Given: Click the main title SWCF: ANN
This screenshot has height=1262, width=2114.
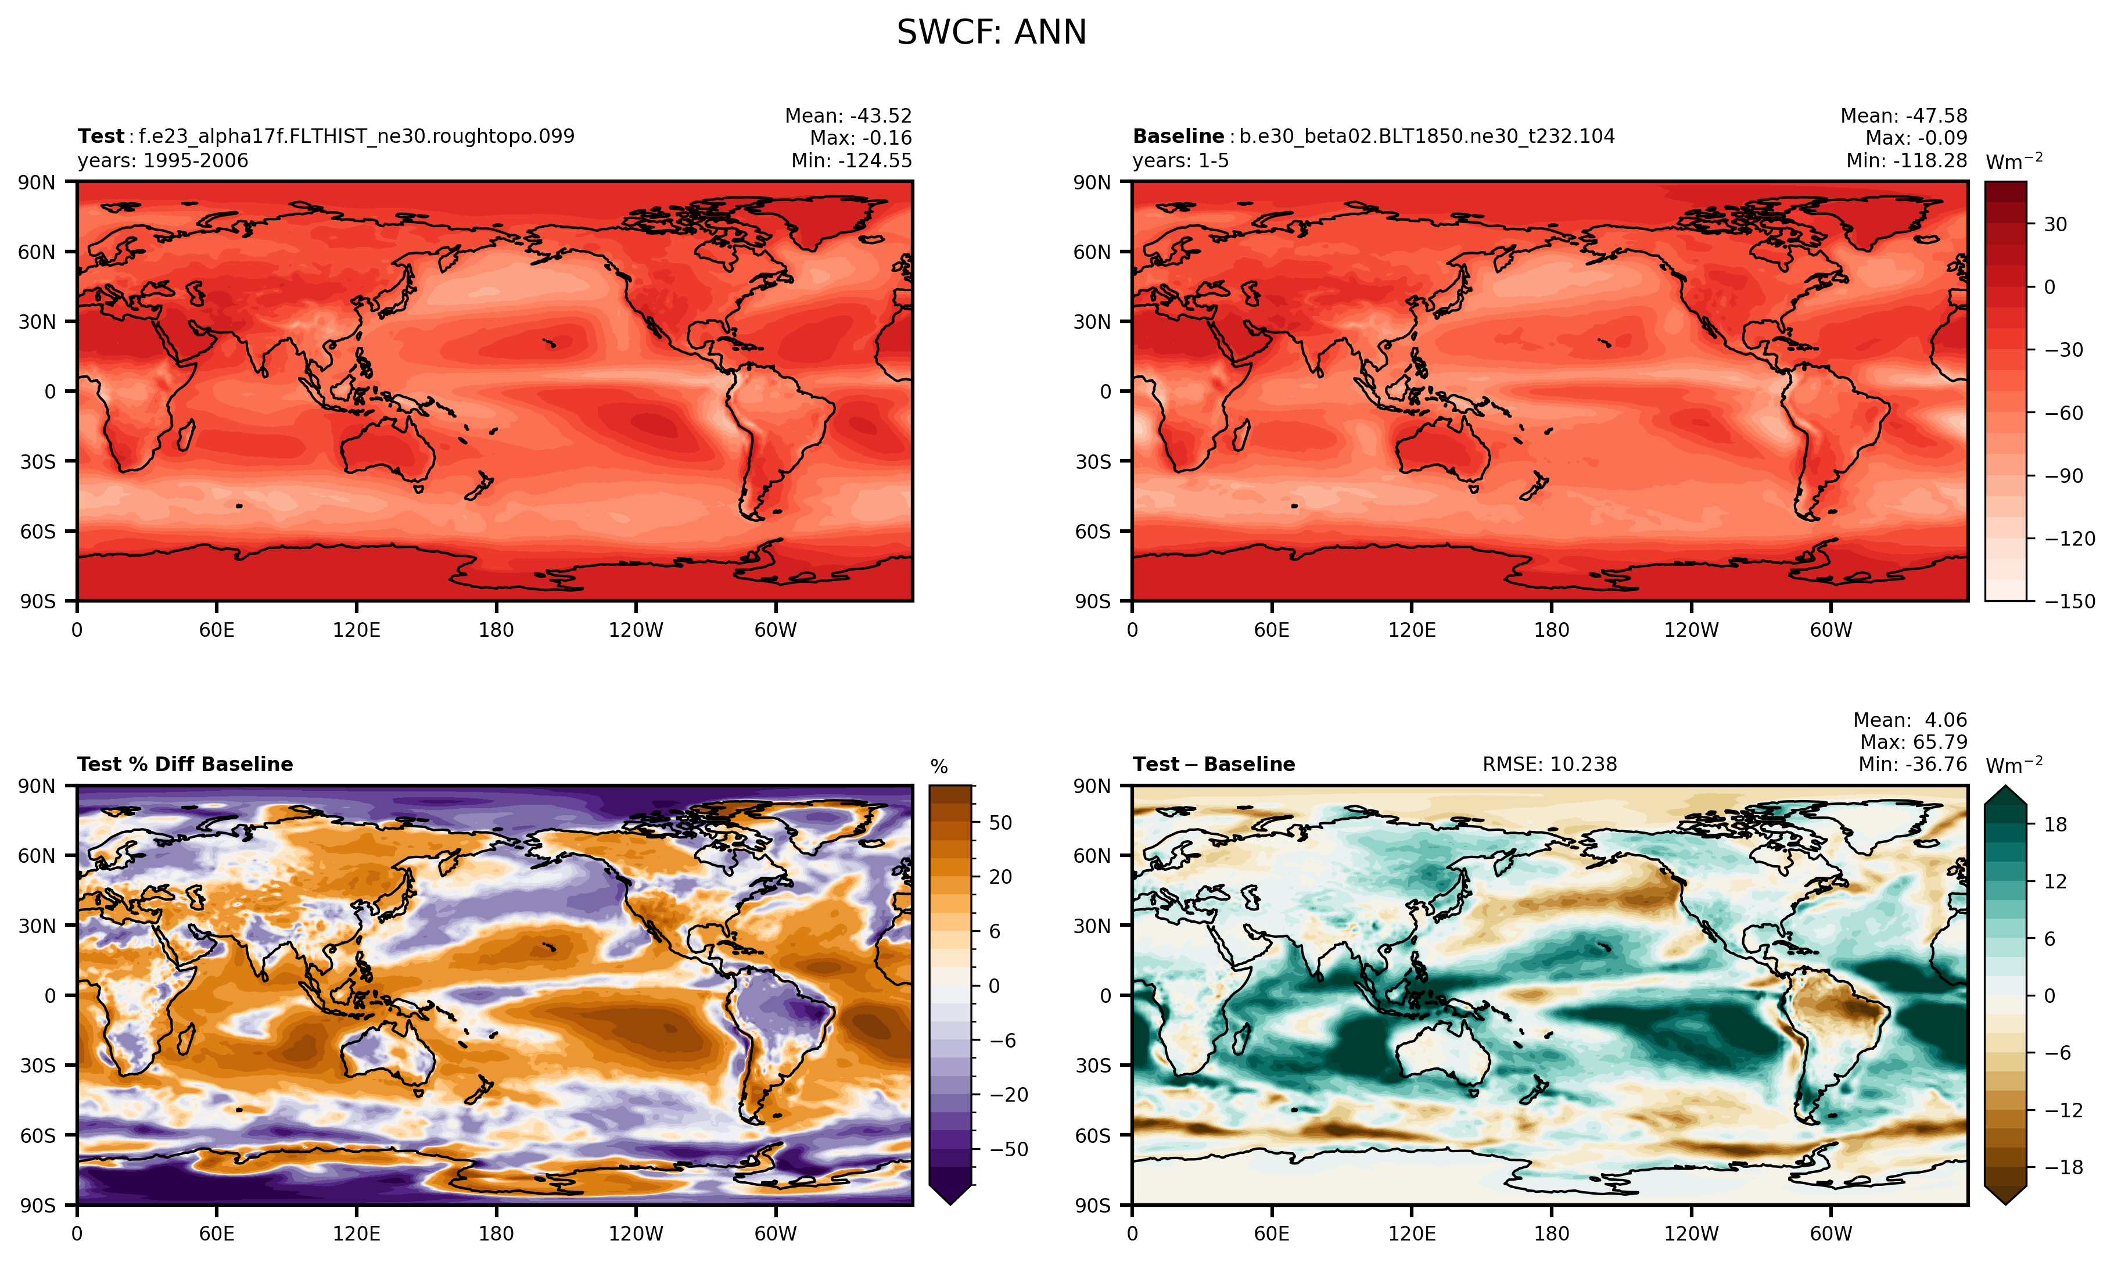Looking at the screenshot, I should [x=991, y=33].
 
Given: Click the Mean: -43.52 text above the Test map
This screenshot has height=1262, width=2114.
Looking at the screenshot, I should [x=848, y=116].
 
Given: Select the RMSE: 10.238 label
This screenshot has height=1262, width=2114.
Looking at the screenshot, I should [x=1549, y=765].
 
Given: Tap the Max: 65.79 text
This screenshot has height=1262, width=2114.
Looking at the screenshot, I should [x=1912, y=743].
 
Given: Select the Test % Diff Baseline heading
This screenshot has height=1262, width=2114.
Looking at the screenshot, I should [x=185, y=765].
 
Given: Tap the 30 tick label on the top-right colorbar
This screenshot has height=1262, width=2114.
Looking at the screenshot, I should [x=2055, y=224].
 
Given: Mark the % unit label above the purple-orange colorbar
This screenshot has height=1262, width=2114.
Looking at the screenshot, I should [x=938, y=767].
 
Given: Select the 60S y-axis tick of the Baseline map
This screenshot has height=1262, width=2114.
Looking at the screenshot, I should [x=1092, y=532].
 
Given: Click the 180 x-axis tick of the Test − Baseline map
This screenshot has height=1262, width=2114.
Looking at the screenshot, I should [x=1551, y=1234].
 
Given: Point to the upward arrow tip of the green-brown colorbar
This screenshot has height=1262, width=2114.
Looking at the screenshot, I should [x=2005, y=788].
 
